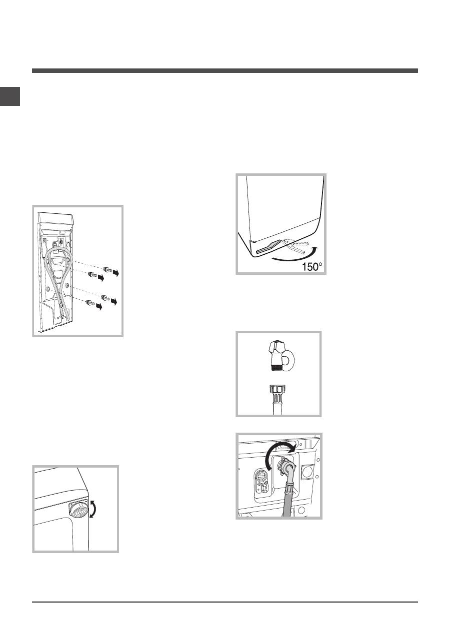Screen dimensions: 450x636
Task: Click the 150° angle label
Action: pyautogui.click(x=312, y=267)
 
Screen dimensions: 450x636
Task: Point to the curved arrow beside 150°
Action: pyautogui.click(x=295, y=258)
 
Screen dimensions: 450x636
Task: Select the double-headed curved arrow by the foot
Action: pyautogui.click(x=92, y=509)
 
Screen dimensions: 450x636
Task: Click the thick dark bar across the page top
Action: pyautogui.click(x=224, y=71)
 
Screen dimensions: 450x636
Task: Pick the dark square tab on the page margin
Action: pyautogui.click(x=10, y=96)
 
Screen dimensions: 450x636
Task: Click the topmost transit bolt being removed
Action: pyautogui.click(x=107, y=269)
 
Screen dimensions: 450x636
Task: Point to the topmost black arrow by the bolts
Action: pyautogui.click(x=115, y=273)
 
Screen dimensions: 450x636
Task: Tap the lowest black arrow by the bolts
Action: pyautogui.click(x=98, y=307)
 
